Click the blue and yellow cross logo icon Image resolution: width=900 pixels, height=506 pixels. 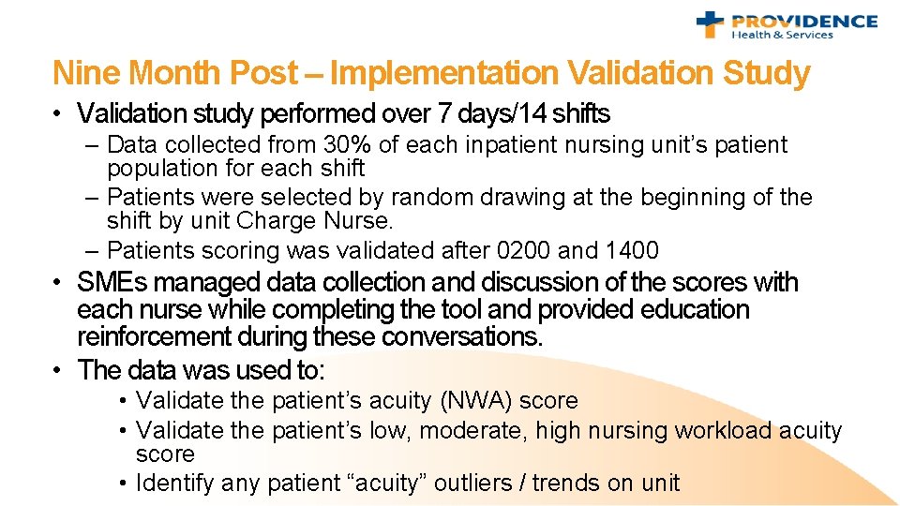point(712,25)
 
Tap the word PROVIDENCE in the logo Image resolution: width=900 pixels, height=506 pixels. point(803,21)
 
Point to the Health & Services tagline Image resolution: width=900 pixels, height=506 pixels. point(782,36)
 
